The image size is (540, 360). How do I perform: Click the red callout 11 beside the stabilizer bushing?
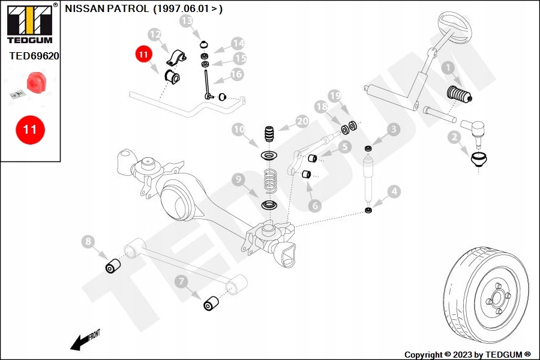coord(143,55)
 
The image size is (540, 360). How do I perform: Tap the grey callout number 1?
coord(446,68)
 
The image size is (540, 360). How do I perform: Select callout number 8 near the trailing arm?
coord(89,242)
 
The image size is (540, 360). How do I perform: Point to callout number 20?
coord(302,121)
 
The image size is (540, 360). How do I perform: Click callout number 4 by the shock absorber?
coord(394,192)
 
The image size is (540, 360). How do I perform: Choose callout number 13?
coord(187,22)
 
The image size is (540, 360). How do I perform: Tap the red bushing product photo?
coord(38,82)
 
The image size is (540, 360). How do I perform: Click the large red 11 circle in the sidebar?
coord(30,129)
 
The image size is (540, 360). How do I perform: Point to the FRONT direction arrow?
coord(82,341)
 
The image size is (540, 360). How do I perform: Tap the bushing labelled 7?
coord(210,304)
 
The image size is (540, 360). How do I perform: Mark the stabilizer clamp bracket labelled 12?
coord(175,59)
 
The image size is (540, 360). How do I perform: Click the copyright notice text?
coord(467,355)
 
